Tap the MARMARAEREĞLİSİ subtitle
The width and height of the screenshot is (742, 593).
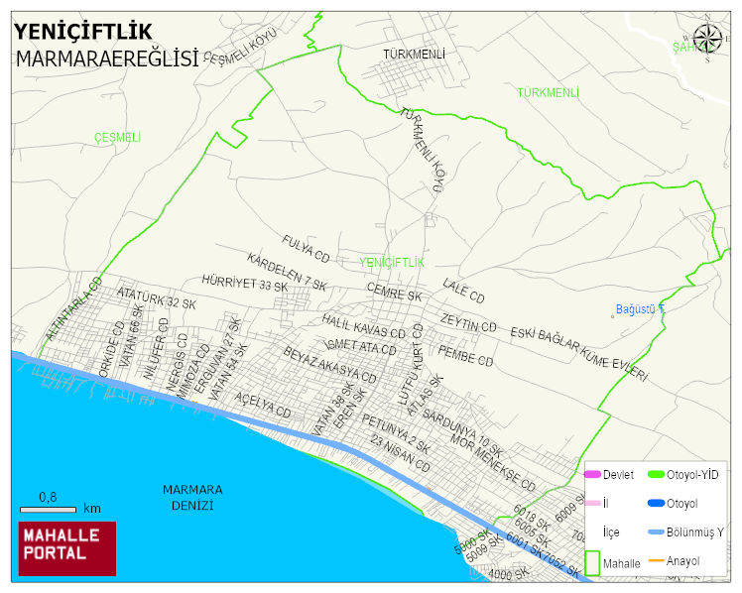pos(107,59)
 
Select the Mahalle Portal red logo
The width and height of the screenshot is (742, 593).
pos(66,547)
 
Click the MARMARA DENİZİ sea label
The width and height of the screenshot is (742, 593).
pos(192,497)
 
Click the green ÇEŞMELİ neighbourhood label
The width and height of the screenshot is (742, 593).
pos(117,137)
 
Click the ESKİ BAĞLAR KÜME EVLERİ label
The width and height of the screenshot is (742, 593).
pos(578,354)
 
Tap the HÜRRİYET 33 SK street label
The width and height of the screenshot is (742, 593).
pos(244,285)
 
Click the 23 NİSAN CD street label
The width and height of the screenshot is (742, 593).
pos(400,452)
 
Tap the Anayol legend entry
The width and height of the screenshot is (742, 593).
pos(682,561)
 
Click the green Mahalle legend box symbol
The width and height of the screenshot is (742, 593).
pos(592,562)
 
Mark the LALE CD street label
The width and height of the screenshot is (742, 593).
pos(464,291)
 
